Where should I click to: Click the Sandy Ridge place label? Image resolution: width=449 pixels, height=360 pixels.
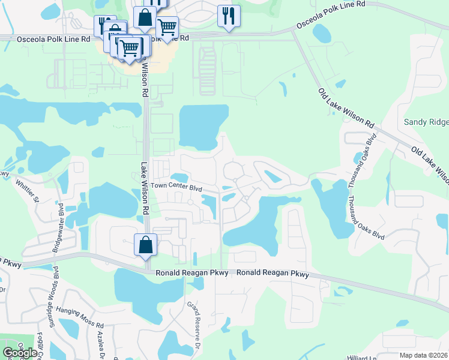(x=426, y=122)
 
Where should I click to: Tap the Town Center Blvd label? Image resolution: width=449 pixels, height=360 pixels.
(x=176, y=187)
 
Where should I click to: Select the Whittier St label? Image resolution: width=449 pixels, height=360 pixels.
(x=27, y=190)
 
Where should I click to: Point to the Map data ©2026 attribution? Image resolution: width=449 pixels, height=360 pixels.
(x=424, y=355)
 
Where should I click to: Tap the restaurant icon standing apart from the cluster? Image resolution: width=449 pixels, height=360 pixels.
(x=229, y=16)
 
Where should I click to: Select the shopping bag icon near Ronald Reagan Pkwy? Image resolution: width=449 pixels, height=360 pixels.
(x=145, y=245)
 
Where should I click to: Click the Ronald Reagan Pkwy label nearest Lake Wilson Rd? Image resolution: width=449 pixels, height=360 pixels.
(x=182, y=273)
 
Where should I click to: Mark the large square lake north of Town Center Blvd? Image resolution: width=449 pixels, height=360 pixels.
(x=203, y=127)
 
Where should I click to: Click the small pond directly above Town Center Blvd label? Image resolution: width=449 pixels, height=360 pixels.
(x=179, y=177)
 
